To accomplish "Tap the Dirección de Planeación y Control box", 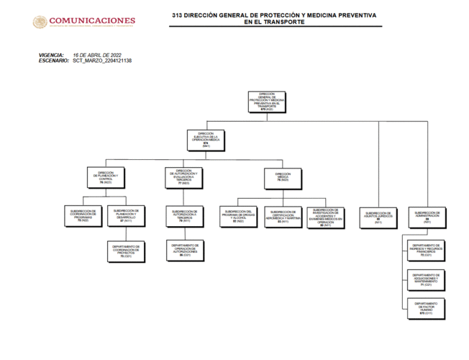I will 106,176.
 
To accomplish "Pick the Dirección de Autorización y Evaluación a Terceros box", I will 183,176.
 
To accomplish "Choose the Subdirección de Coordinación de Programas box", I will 84,215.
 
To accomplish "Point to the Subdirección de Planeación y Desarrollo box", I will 127,215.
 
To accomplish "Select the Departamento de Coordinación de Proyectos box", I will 127,251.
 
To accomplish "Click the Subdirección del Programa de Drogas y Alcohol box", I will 238,215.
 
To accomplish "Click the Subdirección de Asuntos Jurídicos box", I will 379,216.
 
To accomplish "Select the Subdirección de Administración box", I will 427,216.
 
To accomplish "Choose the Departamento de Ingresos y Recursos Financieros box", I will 427,250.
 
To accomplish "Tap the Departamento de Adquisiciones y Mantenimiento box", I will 427,279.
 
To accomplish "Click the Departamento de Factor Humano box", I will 427,307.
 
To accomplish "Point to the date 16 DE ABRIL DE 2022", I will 97,55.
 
